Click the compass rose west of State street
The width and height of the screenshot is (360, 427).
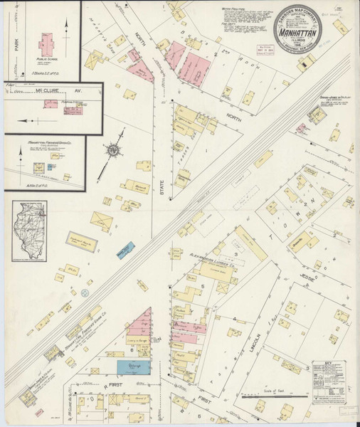point(112,150)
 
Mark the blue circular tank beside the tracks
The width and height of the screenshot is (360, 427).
point(84,292)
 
